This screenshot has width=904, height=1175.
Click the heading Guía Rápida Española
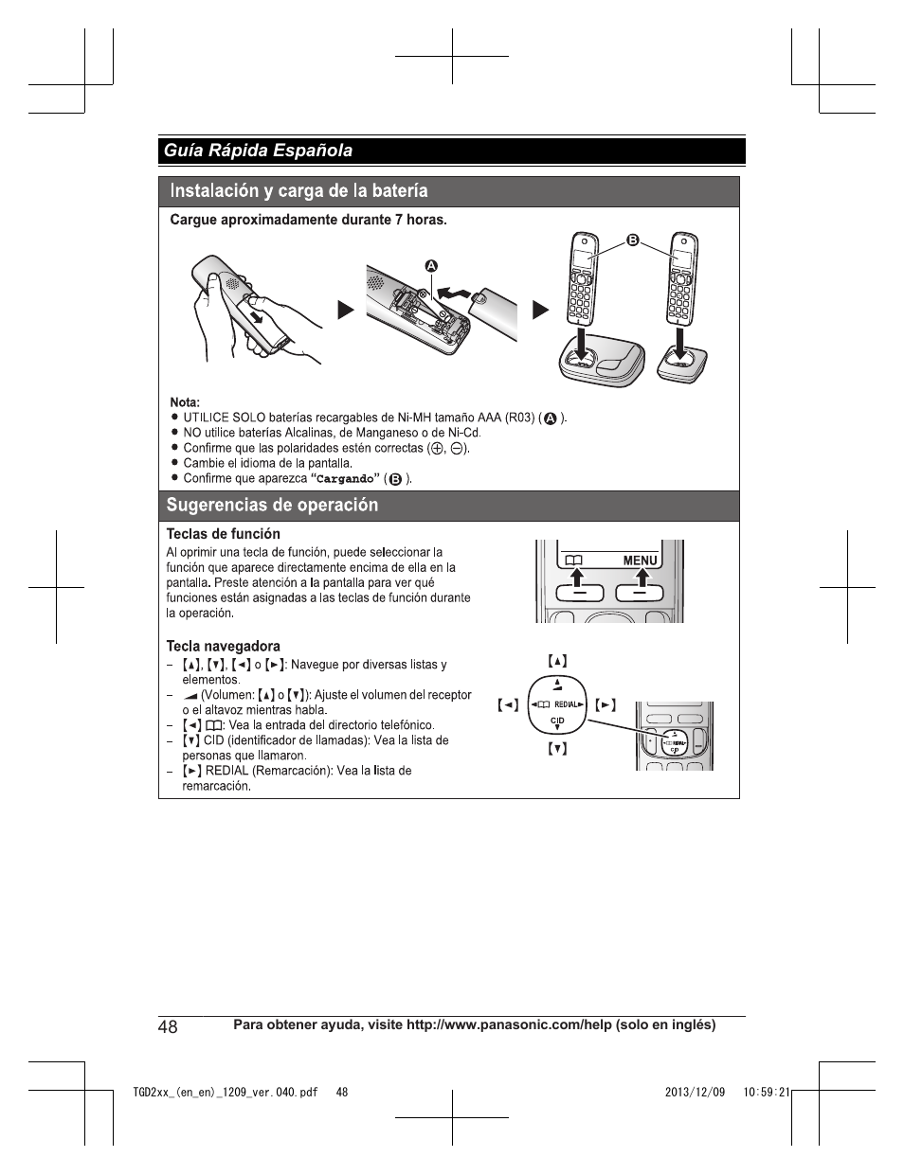(x=258, y=151)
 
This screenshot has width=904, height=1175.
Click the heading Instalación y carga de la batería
(x=298, y=191)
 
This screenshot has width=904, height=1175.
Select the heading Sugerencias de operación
(x=272, y=506)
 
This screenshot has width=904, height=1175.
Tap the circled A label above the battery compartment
(x=430, y=266)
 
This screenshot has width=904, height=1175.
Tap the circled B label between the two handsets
(x=633, y=240)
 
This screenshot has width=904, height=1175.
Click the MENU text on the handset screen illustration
(x=640, y=561)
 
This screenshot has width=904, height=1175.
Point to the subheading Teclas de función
(x=223, y=534)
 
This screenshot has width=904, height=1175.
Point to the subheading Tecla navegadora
(x=223, y=647)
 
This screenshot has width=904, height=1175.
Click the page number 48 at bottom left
(x=169, y=1027)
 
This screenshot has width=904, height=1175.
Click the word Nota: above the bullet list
(x=185, y=402)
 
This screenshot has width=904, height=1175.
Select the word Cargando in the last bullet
(x=345, y=479)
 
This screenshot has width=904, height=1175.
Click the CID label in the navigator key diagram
(x=557, y=721)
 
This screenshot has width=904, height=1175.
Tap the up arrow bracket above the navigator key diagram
(x=557, y=661)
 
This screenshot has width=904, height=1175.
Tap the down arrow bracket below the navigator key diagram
(x=557, y=749)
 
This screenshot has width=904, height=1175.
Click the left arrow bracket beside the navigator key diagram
(x=509, y=705)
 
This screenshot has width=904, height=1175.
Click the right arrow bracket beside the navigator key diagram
(x=606, y=705)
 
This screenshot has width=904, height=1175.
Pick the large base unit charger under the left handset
(x=602, y=364)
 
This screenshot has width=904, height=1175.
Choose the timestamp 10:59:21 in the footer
(x=767, y=1092)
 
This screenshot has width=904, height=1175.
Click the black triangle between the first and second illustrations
(x=346, y=310)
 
